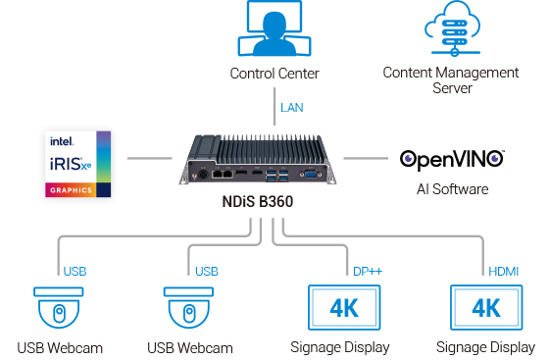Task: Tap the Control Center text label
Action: [274, 74]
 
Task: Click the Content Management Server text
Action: [451, 80]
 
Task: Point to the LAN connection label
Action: [292, 107]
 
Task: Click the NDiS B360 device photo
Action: [258, 161]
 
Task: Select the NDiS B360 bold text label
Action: [258, 203]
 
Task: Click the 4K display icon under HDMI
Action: [485, 308]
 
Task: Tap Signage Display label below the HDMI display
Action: [486, 347]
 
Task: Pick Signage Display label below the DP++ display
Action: [340, 347]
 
